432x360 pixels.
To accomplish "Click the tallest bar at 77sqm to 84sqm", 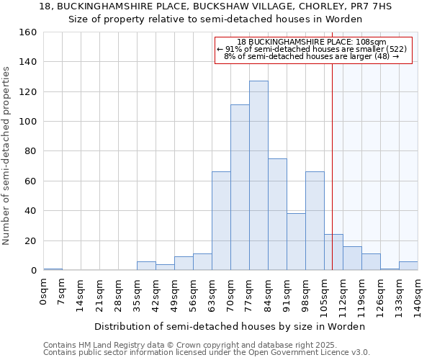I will pyautogui.click(x=258, y=176).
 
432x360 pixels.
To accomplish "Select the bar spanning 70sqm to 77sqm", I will pyautogui.click(x=240, y=187).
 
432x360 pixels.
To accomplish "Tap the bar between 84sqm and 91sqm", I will pyautogui.click(x=277, y=215).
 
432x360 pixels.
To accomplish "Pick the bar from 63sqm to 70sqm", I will pyautogui.click(x=221, y=221).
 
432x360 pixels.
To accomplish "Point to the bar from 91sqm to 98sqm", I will pyautogui.click(x=296, y=242).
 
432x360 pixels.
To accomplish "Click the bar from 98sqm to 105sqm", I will pyautogui.click(x=315, y=221).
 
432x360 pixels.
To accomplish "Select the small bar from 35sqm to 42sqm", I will pyautogui.click(x=146, y=266).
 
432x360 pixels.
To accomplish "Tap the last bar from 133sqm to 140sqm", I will pyautogui.click(x=408, y=266).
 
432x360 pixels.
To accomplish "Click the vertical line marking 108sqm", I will pyautogui.click(x=332, y=166).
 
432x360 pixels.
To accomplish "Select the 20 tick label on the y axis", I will pyautogui.click(x=31, y=241).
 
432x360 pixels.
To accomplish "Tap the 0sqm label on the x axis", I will pyautogui.click(x=44, y=292).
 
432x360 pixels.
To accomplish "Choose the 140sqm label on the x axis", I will pyautogui.click(x=418, y=296).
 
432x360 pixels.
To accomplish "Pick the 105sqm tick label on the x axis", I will pyautogui.click(x=325, y=296).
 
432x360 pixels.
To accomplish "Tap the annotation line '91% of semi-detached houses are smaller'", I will pyautogui.click(x=312, y=49).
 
